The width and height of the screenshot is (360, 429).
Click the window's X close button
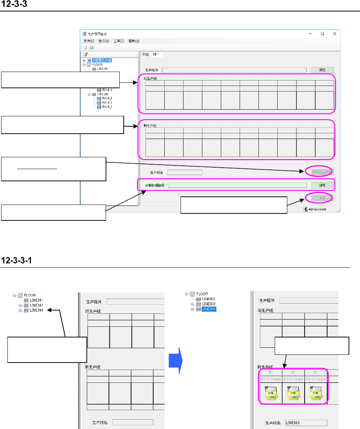pos(335,33)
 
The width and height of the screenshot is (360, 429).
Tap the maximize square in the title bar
pos(322,33)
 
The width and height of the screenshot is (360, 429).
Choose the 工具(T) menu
pos(119,41)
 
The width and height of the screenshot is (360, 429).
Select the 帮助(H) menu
pos(134,41)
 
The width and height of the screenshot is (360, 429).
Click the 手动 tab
pos(145,55)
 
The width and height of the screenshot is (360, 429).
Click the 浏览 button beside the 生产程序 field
pos(322,70)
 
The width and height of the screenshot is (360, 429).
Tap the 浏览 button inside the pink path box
pos(322,185)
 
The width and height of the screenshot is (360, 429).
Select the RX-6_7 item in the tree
pos(107,107)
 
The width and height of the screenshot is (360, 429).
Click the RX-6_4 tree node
pos(107,90)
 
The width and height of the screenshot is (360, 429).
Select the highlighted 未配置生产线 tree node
pos(102,60)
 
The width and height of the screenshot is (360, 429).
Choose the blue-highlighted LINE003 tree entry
pos(209,309)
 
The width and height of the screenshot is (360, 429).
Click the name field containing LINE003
pos(306,423)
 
